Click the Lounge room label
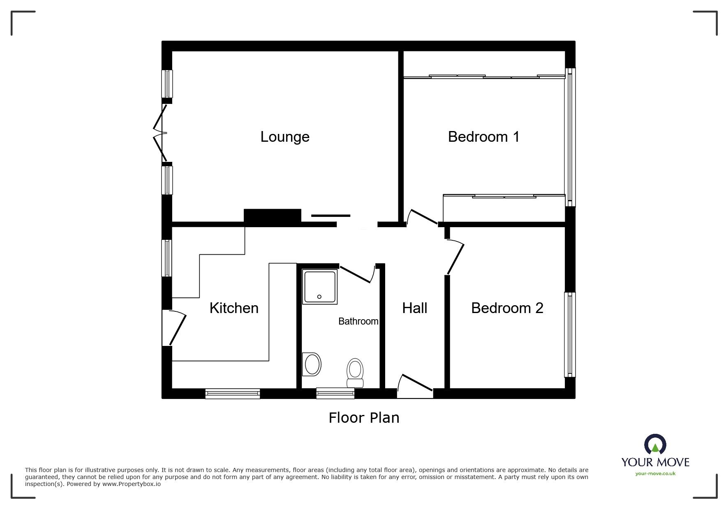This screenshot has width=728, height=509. pyautogui.click(x=285, y=137)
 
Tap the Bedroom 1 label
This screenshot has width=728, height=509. pyautogui.click(x=484, y=137)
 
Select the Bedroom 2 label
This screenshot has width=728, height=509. pyautogui.click(x=507, y=308)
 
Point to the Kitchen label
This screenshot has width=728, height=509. pyautogui.click(x=234, y=308)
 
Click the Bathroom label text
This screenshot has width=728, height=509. pyautogui.click(x=358, y=321)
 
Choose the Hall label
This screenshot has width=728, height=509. pyautogui.click(x=414, y=308)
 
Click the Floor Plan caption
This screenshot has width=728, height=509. pyautogui.click(x=364, y=418)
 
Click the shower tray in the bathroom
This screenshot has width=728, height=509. pyautogui.click(x=320, y=287)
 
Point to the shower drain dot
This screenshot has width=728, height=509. pyautogui.click(x=319, y=297)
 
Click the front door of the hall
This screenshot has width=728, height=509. pyautogui.click(x=415, y=386)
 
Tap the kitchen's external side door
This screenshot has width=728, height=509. pyautogui.click(x=175, y=328)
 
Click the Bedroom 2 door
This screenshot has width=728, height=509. pyautogui.click(x=455, y=258)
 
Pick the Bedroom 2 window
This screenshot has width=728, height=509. pyautogui.click(x=570, y=334)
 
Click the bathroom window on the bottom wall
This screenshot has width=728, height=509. pyautogui.click(x=335, y=393)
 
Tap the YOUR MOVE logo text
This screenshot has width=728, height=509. pyautogui.click(x=655, y=462)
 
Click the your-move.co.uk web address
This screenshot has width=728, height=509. pyautogui.click(x=655, y=474)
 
